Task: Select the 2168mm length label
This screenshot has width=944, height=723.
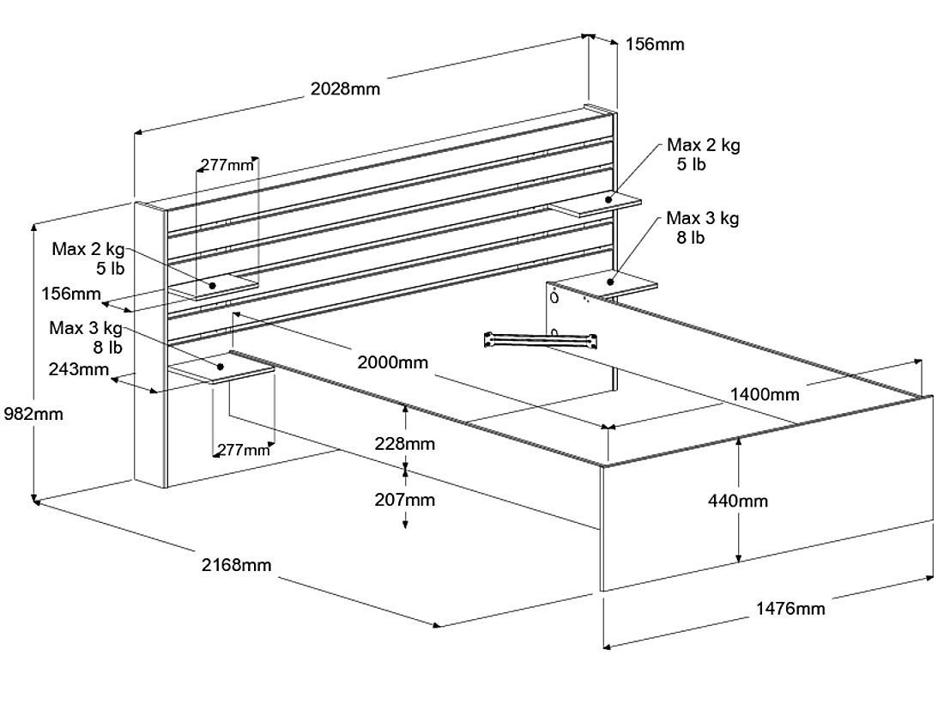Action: [x=236, y=565]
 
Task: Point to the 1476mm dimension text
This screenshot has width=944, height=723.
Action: [x=790, y=609]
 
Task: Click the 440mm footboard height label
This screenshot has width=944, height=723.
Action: [x=739, y=501]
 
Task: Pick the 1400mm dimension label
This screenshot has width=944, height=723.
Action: [x=765, y=395]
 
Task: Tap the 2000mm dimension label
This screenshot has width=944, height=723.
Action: [x=392, y=362]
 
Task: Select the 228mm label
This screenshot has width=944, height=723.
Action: [x=404, y=444]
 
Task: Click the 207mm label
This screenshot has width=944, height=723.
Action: [x=404, y=500]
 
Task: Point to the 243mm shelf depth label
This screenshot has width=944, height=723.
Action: [x=79, y=370]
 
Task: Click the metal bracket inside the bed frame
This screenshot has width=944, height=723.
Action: [x=542, y=339]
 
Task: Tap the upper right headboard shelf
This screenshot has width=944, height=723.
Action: [x=596, y=205]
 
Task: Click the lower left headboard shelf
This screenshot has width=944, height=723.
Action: [x=221, y=369]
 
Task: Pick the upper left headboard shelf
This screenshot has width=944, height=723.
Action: [x=212, y=287]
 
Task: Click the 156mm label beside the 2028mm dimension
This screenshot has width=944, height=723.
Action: [x=655, y=45]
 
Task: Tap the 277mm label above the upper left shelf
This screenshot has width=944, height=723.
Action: [x=227, y=165]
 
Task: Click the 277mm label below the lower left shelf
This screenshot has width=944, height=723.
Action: [x=243, y=450]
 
